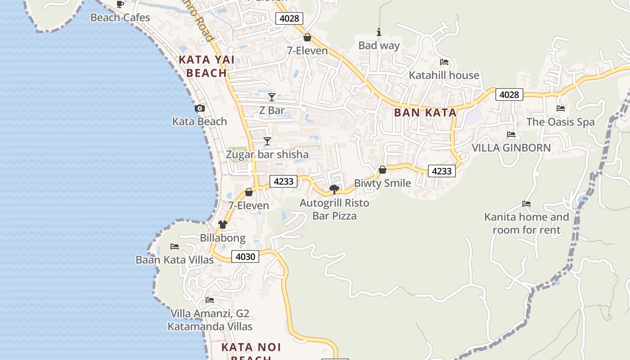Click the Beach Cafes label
[x=120, y=18]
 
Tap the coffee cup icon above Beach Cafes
[x=120, y=4]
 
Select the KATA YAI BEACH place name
[x=203, y=66]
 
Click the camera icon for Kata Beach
[x=200, y=108]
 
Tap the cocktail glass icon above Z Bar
[x=272, y=97]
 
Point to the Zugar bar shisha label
[x=267, y=155]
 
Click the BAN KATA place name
[x=425, y=113]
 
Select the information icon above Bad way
[x=379, y=32]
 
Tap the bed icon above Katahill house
[x=444, y=62]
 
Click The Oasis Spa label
[x=560, y=122]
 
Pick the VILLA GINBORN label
[x=511, y=148]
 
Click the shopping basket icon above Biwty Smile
[x=382, y=170]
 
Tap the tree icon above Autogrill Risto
[x=334, y=189]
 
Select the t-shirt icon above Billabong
[x=223, y=225]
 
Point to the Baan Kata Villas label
[x=175, y=260]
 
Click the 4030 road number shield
[x=246, y=257]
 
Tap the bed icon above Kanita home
[x=526, y=204]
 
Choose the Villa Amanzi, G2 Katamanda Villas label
[x=210, y=320]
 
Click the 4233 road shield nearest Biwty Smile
[x=441, y=171]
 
